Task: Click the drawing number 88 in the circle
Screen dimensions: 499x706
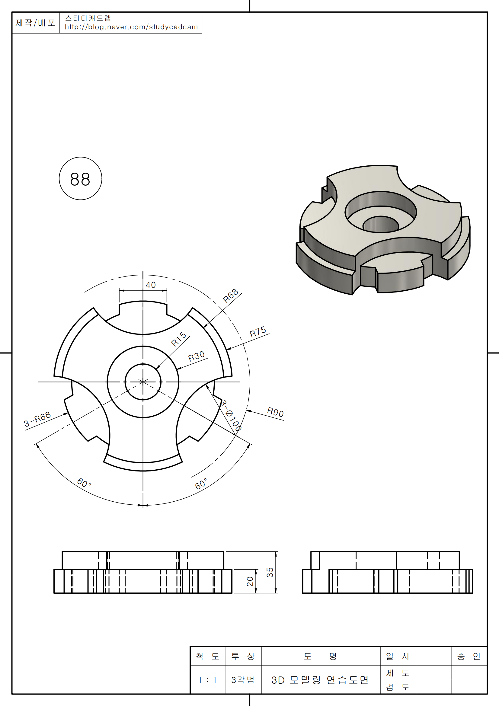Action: click(x=80, y=179)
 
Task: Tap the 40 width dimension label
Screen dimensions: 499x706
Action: click(x=151, y=285)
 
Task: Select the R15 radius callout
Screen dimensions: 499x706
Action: click(x=179, y=339)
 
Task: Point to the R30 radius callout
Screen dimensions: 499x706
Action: click(x=197, y=356)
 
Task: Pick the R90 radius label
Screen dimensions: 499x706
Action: click(x=275, y=412)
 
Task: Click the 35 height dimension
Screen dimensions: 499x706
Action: click(x=270, y=572)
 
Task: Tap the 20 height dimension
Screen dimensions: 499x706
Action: click(x=250, y=581)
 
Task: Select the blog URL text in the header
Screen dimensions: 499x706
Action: click(x=131, y=27)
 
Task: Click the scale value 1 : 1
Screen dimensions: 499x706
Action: click(x=207, y=680)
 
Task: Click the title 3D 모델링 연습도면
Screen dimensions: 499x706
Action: click(x=320, y=680)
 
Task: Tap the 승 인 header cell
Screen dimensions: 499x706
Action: click(x=469, y=656)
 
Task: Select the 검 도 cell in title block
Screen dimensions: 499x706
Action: click(x=398, y=687)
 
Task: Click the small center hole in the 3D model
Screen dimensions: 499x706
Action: click(x=381, y=224)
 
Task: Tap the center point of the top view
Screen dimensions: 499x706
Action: click(x=143, y=382)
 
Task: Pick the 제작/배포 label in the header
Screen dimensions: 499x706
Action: click(x=35, y=23)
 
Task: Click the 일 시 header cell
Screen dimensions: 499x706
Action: click(x=398, y=656)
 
